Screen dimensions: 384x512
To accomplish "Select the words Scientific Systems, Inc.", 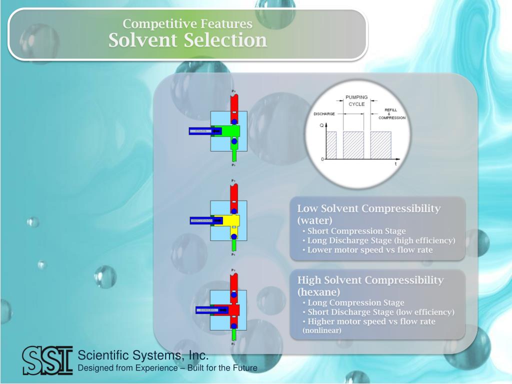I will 143,355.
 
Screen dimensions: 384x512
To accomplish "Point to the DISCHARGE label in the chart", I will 324,114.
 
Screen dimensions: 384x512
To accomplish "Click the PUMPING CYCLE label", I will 356,100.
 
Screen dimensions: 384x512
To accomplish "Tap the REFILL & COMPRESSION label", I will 391,114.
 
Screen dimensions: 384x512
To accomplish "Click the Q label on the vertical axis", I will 321,125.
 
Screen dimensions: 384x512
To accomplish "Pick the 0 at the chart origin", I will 322,159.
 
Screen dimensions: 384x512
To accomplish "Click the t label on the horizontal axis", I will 396,164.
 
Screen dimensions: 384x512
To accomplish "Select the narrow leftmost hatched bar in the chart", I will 331,145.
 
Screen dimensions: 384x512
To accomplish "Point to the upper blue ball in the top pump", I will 234,121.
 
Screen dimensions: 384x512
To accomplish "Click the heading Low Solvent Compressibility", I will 368,208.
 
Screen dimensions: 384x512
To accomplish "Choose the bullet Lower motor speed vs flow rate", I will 370,250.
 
